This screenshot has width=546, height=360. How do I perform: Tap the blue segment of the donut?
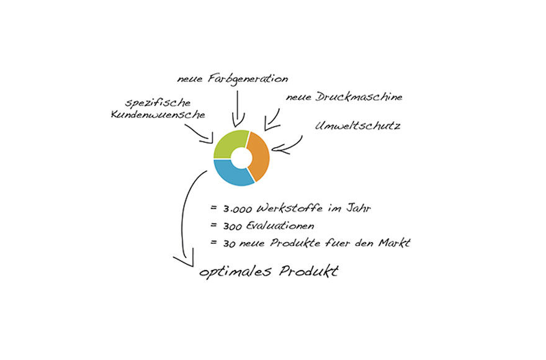coord(229,174)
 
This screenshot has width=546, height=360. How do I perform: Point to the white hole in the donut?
coord(241,158)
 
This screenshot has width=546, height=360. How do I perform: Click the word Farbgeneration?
coord(248,79)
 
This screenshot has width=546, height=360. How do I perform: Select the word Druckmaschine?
coord(359,97)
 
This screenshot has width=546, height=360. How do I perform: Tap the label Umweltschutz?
coord(357,125)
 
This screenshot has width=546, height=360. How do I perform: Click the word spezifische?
coord(158,103)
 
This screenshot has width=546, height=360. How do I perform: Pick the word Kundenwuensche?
coord(158,115)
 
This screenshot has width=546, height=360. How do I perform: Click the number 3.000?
coord(237,209)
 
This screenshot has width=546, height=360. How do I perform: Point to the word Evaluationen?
coord(280,225)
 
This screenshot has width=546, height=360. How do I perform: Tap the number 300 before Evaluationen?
coord(233,227)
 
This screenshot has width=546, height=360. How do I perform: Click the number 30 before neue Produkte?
coord(229,244)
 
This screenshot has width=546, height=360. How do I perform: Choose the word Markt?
coord(395,243)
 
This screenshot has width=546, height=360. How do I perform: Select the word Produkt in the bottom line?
coord(309,271)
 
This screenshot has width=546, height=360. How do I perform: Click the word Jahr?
coord(359,208)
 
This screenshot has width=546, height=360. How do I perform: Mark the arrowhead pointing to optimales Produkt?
coord(184,258)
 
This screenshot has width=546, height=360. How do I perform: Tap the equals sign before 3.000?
coord(213,208)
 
